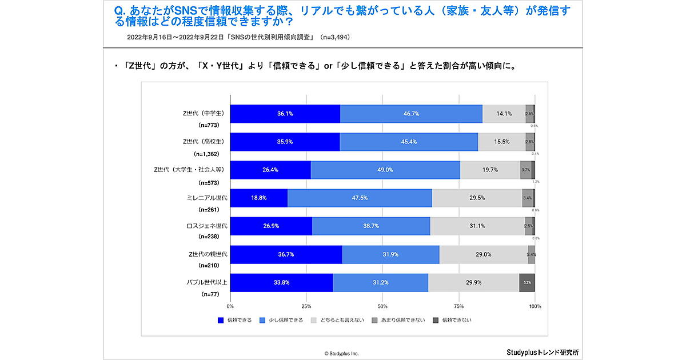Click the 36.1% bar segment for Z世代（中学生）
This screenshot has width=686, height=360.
click(x=285, y=114)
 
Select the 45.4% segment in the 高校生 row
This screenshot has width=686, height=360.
click(x=409, y=142)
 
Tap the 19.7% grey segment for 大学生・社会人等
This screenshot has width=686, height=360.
click(x=490, y=170)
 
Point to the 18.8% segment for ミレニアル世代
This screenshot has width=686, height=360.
click(x=259, y=198)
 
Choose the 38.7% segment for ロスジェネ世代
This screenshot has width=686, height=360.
click(x=371, y=226)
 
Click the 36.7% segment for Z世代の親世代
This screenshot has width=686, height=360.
click(x=286, y=254)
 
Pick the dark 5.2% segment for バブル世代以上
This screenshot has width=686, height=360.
click(x=527, y=282)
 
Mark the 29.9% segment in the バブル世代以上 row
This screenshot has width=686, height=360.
click(x=473, y=282)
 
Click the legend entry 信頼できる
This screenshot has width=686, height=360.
click(x=235, y=320)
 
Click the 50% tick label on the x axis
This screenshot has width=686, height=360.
click(x=382, y=306)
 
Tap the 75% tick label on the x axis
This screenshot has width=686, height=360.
click(x=459, y=306)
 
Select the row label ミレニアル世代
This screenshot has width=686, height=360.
click(x=208, y=198)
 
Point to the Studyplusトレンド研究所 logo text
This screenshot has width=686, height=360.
click(x=543, y=352)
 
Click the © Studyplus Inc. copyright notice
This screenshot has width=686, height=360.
click(x=342, y=354)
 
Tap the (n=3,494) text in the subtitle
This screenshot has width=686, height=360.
click(x=333, y=37)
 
